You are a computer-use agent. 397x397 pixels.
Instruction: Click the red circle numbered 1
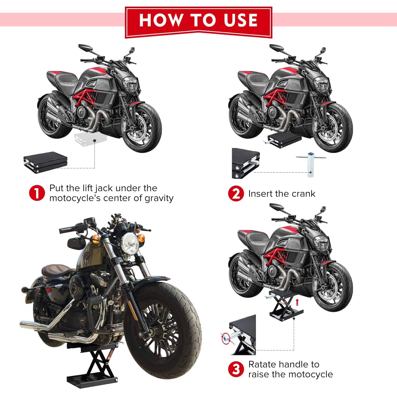tap(37, 193)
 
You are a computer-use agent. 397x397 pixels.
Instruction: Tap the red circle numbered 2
tap(236, 194)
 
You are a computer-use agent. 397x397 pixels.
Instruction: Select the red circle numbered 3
tap(236, 369)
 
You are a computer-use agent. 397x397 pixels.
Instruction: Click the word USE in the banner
tap(240, 20)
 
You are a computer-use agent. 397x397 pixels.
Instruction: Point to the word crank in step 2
tap(302, 194)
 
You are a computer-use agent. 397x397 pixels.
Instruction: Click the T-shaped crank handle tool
tap(310, 164)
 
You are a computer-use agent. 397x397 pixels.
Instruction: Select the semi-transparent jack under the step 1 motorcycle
tap(86, 139)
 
